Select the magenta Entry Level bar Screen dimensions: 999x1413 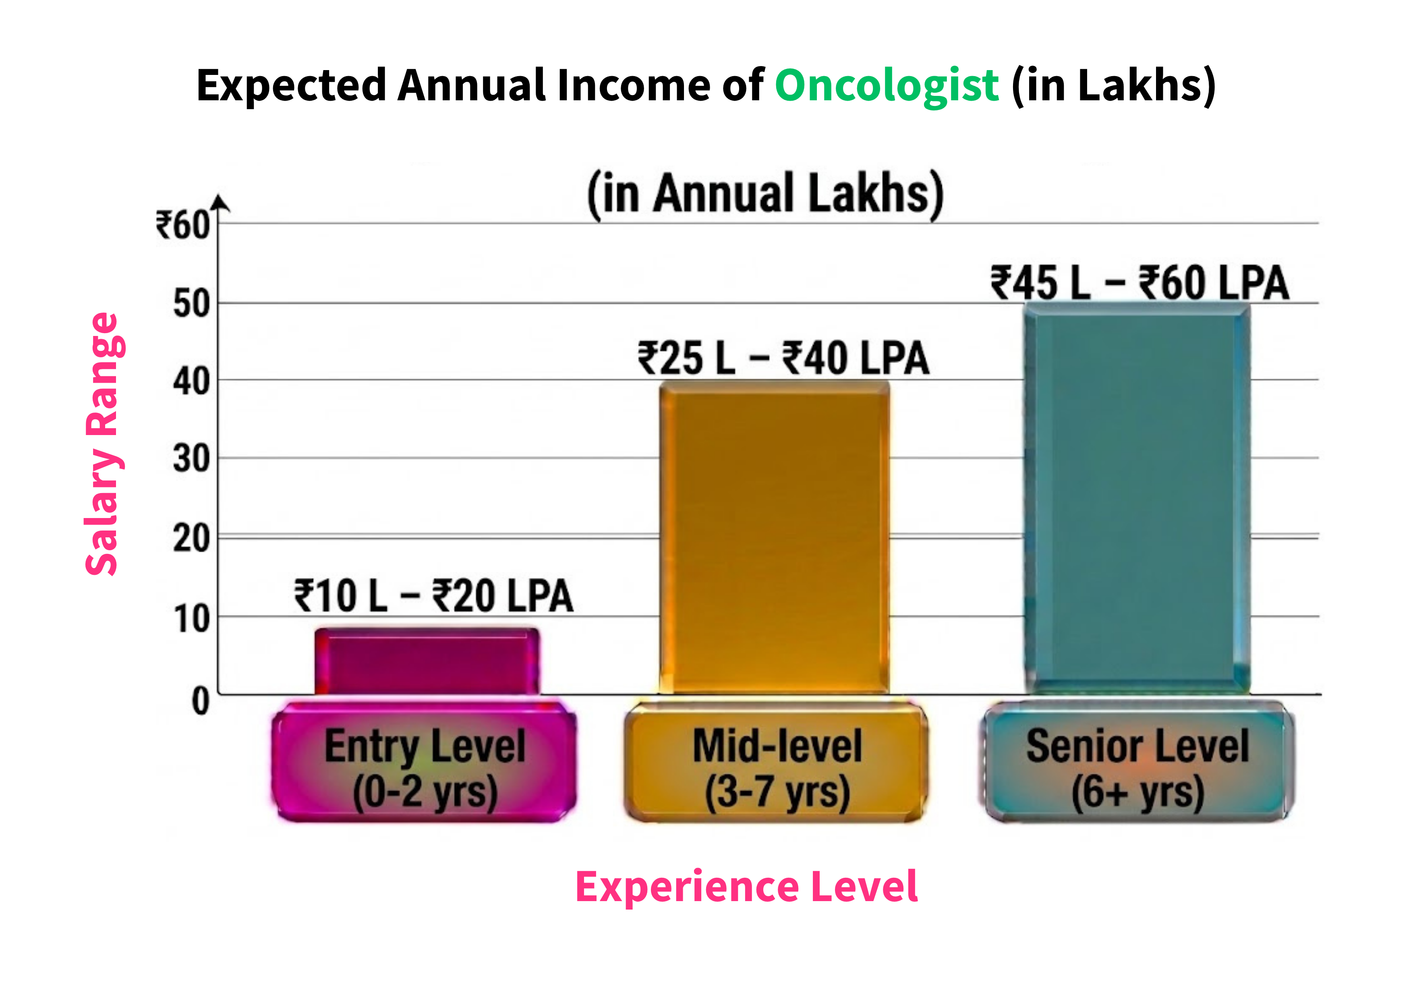click(x=427, y=662)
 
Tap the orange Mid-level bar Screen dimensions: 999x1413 click(x=774, y=539)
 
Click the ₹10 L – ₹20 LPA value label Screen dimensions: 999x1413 click(x=434, y=596)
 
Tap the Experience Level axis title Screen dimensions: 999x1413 click(x=746, y=887)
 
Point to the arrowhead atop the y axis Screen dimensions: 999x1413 click(x=219, y=203)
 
